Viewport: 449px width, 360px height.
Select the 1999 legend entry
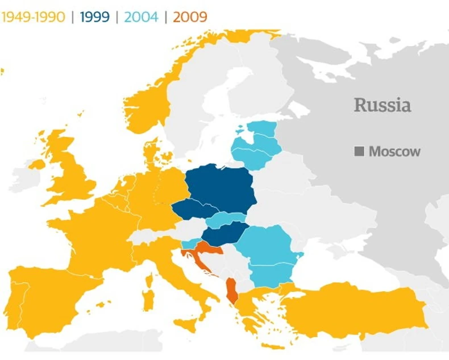(x=94, y=16)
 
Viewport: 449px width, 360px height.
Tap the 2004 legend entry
(x=140, y=16)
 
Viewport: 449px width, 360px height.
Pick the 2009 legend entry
(x=190, y=16)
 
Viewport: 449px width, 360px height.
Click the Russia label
(x=382, y=105)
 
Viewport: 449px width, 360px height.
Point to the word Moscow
(x=394, y=152)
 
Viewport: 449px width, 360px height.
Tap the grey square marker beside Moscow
(x=359, y=152)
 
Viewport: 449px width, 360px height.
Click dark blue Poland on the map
(x=222, y=185)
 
